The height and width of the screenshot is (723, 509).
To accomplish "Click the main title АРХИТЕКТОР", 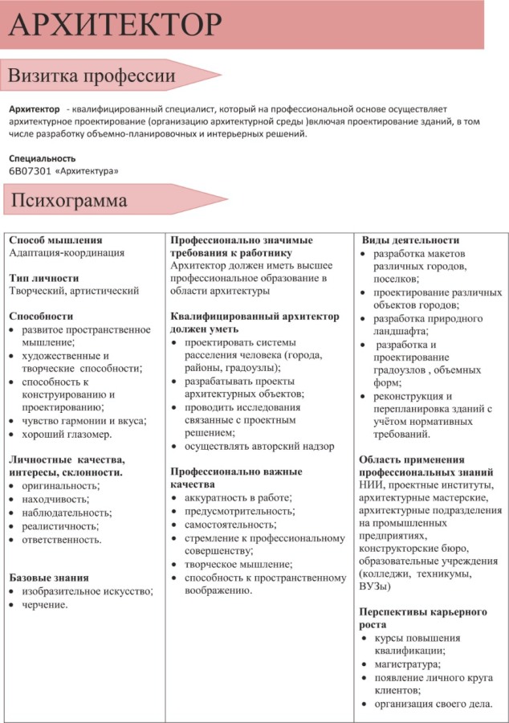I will coord(114,26).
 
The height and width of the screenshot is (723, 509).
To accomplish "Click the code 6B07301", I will coord(31,171).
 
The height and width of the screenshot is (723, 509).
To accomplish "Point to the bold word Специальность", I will coord(42,158).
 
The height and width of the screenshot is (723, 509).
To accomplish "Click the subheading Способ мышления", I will coord(55,239).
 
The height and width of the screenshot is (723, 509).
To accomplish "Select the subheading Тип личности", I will coord(43,278).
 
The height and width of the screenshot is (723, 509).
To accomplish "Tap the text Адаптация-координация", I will coord(66,252).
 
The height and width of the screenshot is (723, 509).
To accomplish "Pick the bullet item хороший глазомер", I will coord(67,434).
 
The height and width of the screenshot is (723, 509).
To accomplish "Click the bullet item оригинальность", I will coord(60,486).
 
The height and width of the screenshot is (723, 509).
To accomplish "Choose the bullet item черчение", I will coord(45,605).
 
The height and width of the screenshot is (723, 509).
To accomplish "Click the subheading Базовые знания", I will coord(48,578).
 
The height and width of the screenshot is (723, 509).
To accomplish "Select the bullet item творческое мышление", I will coord(238,564).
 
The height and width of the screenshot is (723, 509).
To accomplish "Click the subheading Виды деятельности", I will coord(410,239).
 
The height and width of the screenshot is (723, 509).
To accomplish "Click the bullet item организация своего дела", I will coord(433,704).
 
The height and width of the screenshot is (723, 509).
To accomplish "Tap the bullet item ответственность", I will coord(62,539).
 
